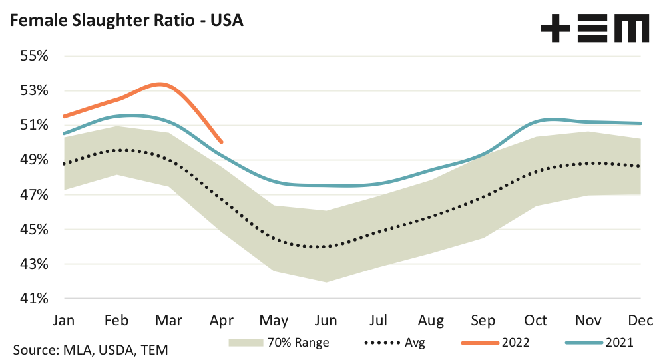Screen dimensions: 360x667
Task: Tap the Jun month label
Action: pyautogui.click(x=326, y=319)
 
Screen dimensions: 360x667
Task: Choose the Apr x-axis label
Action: pyautogui.click(x=221, y=319)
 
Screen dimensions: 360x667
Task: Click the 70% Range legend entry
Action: pyautogui.click(x=279, y=343)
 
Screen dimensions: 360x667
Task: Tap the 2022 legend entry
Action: pyautogui.click(x=499, y=343)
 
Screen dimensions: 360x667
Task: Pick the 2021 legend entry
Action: pyautogui.click(x=599, y=343)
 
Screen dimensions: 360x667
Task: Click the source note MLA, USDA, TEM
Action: pyautogui.click(x=91, y=349)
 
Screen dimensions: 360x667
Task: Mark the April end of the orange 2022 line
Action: pyautogui.click(x=221, y=142)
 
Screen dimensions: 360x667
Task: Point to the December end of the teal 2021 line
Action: pyautogui.click(x=641, y=123)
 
